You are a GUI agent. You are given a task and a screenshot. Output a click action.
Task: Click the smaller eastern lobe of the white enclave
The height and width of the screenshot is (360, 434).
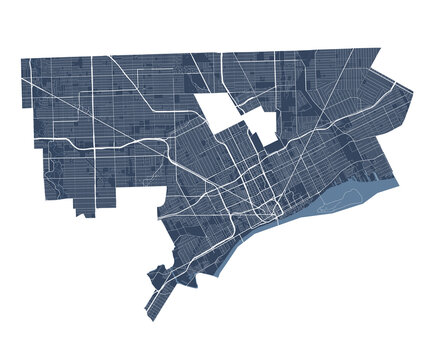[261, 121]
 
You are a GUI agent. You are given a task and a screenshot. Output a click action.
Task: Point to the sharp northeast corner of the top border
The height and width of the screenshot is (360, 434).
[380, 47]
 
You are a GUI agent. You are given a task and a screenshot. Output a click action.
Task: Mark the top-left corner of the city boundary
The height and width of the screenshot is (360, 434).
[22, 59]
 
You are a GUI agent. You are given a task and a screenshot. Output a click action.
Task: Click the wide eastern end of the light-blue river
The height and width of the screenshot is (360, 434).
[385, 185]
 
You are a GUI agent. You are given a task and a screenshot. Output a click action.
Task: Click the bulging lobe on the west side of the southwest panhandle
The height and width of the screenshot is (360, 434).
[155, 275]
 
